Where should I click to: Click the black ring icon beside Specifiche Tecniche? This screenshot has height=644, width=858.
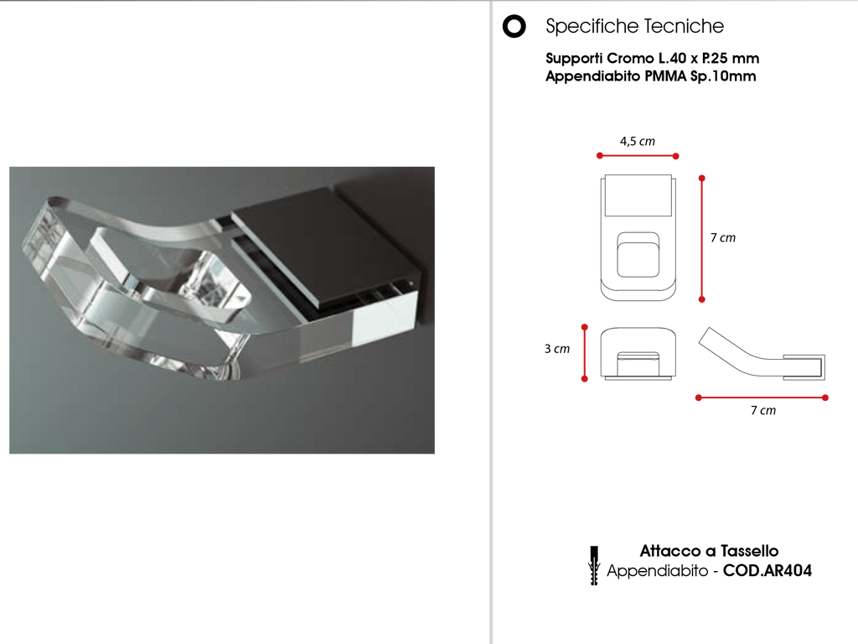(514, 26)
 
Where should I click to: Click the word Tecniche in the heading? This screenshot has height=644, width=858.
(684, 26)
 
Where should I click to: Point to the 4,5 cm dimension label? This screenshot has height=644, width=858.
(638, 141)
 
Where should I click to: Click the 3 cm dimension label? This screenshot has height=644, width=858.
(557, 349)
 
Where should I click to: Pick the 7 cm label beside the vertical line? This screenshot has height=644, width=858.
(723, 237)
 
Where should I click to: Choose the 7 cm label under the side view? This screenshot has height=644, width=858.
(763, 410)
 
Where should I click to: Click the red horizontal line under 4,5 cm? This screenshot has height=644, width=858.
(638, 156)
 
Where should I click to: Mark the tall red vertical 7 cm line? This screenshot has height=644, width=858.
(702, 239)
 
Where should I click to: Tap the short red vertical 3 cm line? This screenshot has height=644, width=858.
(584, 353)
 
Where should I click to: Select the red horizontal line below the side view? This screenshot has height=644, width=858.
(762, 397)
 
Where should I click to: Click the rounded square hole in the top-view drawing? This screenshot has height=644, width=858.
(638, 255)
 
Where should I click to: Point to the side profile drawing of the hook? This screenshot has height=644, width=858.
(762, 354)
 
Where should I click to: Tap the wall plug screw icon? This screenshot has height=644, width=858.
(594, 566)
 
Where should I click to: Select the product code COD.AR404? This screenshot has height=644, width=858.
(768, 570)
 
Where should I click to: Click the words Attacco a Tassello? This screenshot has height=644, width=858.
(709, 551)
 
